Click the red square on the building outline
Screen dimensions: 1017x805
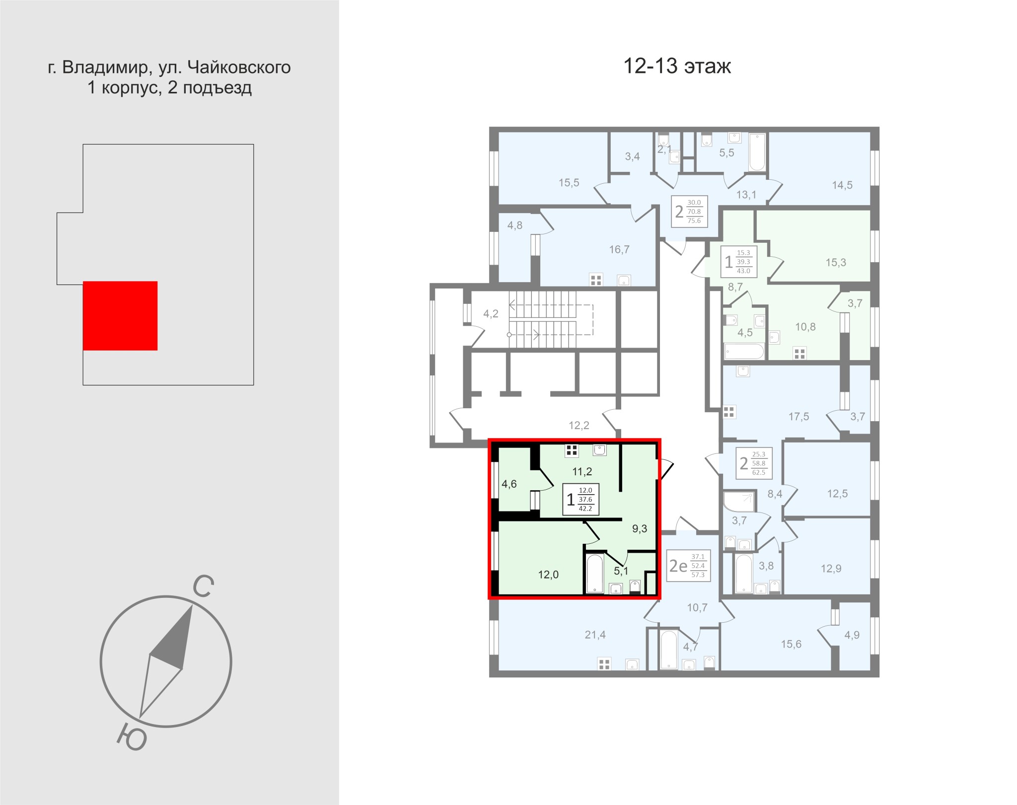point(120,316)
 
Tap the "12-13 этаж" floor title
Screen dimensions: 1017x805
point(677,66)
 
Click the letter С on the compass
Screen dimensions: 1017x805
point(203,587)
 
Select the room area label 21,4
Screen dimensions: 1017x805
point(595,634)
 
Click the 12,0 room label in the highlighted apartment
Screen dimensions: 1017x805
point(548,575)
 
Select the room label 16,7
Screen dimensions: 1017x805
point(619,249)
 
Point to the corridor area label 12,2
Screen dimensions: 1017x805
point(579,425)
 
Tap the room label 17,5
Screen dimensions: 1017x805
point(799,417)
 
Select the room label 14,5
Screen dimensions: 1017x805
point(843,185)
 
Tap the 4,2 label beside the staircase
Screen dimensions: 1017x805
point(491,313)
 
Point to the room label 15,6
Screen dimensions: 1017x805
point(791,644)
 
